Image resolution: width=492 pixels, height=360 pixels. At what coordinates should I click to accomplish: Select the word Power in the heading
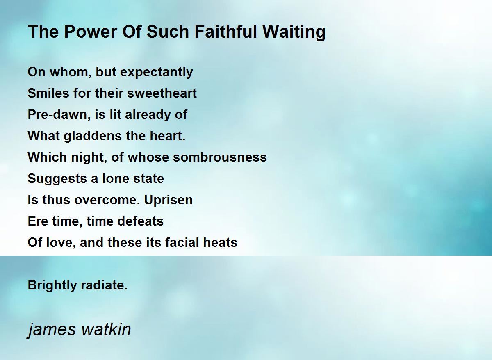pyautogui.click(x=90, y=32)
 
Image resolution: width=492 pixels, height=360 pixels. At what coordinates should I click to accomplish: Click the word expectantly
pyautogui.click(x=157, y=72)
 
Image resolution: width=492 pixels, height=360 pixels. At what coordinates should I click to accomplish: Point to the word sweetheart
pyautogui.click(x=162, y=93)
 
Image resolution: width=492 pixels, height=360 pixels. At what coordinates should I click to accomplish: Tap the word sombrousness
pyautogui.click(x=220, y=157)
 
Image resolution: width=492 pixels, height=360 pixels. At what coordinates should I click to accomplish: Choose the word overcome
pyautogui.click(x=107, y=200)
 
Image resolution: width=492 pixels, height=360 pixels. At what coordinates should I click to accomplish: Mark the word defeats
pyautogui.click(x=141, y=221)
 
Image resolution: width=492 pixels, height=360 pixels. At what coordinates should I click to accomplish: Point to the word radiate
pyautogui.click(x=104, y=285)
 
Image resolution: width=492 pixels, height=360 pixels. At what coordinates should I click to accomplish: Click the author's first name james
pyautogui.click(x=51, y=330)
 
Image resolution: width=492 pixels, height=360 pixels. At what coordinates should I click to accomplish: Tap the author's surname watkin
pyautogui.click(x=106, y=329)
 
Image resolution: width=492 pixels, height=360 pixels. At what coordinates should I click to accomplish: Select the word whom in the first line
pyautogui.click(x=71, y=72)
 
